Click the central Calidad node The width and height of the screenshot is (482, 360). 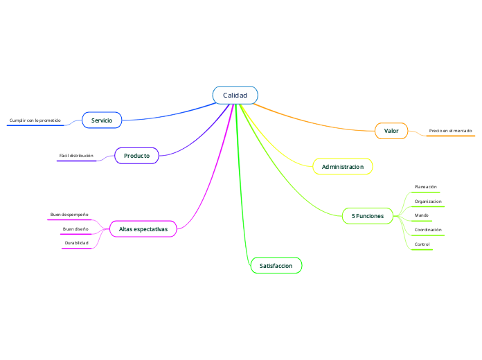coord(235,95)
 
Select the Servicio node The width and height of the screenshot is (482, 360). coord(102,120)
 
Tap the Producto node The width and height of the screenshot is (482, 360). coord(136,156)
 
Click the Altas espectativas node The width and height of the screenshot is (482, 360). coord(143,228)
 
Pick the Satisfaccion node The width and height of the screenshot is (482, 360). coord(276,266)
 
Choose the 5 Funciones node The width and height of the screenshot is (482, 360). coord(368,216)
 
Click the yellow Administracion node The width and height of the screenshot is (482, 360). coord(343,167)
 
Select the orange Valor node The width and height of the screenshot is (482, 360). coord(391,131)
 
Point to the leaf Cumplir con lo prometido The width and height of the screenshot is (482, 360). coord(35,120)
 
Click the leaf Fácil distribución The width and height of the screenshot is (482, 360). coord(76,156)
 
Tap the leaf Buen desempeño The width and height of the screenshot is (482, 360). coord(69,215)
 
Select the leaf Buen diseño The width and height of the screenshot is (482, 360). coord(75,228)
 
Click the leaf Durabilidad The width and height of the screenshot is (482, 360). coord(77,243)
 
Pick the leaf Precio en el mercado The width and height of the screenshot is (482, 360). coord(450,131)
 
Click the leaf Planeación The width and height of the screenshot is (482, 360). coord(425,187)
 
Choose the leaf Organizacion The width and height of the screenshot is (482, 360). coord(427,201)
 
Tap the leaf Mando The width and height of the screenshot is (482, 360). coord(421,215)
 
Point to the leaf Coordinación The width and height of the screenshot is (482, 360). coord(428,230)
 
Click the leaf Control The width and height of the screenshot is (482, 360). coord(422,244)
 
